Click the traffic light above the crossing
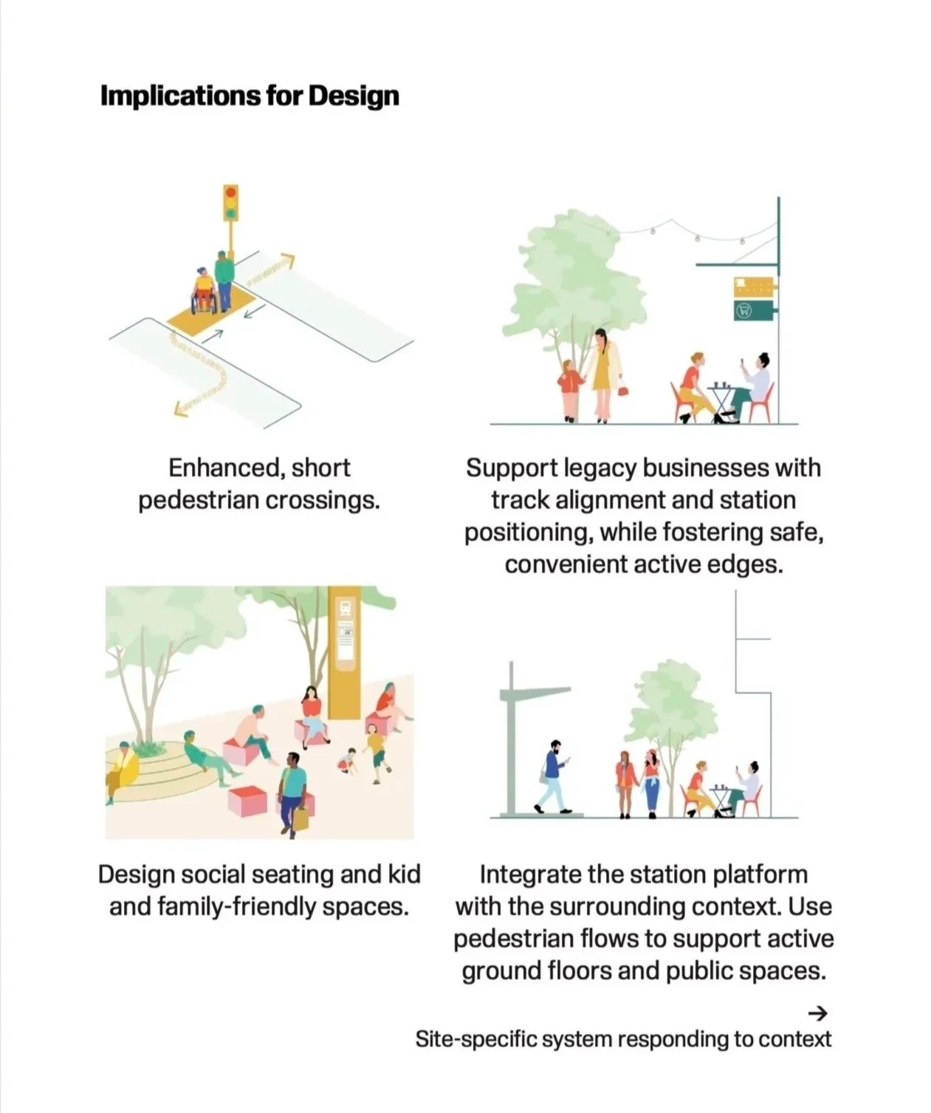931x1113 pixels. point(231,203)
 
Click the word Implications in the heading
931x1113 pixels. point(179,96)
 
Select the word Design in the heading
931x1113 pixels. point(354,96)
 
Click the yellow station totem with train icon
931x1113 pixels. point(345,650)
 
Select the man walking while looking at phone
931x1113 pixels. point(554,775)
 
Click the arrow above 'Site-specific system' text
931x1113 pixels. point(817,1012)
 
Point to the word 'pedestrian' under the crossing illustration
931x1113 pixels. point(199,501)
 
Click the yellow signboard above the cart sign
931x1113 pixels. point(753,286)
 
